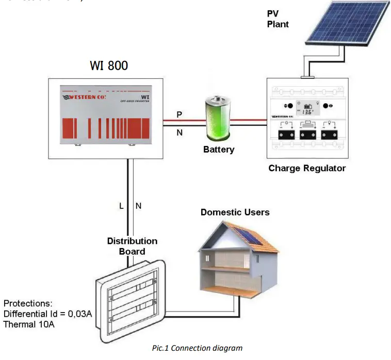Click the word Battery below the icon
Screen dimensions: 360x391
click(x=218, y=150)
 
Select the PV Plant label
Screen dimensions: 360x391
click(x=278, y=19)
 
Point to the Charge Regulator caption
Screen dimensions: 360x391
click(x=307, y=168)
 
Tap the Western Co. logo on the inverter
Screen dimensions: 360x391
click(x=85, y=96)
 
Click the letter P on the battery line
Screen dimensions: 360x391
click(x=180, y=114)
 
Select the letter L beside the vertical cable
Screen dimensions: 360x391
click(x=122, y=206)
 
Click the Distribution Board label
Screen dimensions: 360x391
click(x=132, y=246)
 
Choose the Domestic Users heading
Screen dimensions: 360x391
click(x=235, y=212)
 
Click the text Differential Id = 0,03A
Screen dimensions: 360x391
click(x=47, y=314)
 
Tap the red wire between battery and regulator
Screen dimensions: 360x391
click(x=247, y=121)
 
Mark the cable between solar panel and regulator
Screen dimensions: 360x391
click(x=312, y=64)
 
